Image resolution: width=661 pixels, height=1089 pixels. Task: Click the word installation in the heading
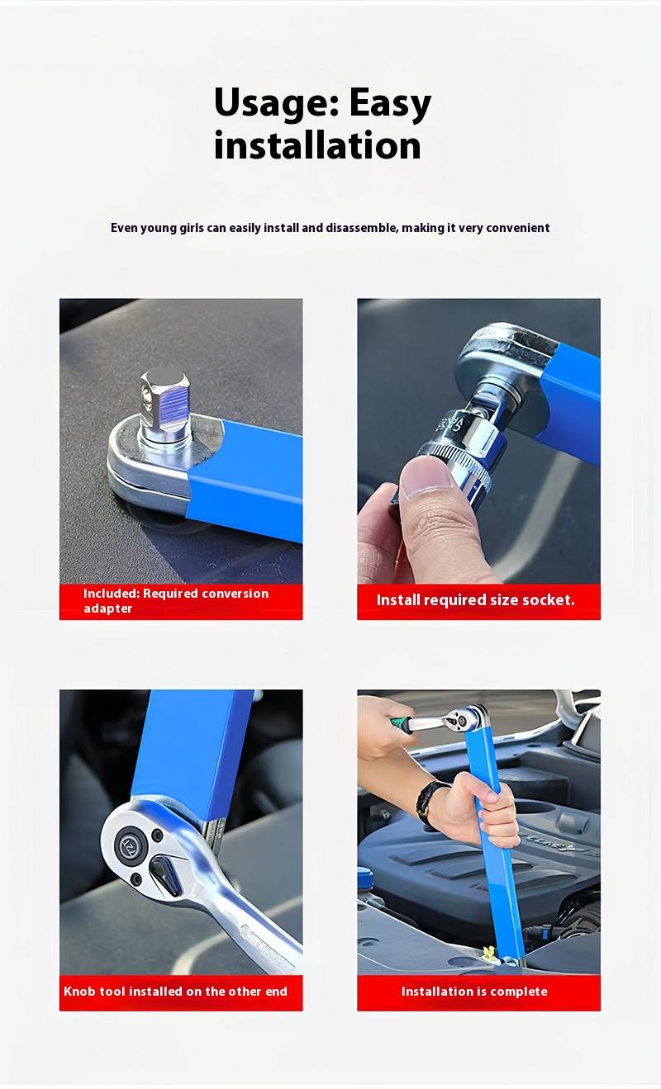click(x=317, y=145)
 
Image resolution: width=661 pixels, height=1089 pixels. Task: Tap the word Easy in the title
click(x=390, y=104)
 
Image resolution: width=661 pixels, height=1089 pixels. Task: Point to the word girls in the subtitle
click(x=192, y=228)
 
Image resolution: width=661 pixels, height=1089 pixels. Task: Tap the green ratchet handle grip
click(x=401, y=722)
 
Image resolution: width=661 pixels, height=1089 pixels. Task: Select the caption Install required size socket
click(x=475, y=600)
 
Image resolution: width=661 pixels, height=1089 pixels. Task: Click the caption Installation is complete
click(x=474, y=991)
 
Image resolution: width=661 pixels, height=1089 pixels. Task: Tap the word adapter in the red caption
click(x=107, y=608)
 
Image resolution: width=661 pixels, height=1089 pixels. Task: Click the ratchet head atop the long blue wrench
click(x=466, y=718)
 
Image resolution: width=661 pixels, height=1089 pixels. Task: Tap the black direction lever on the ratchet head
click(x=165, y=876)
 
